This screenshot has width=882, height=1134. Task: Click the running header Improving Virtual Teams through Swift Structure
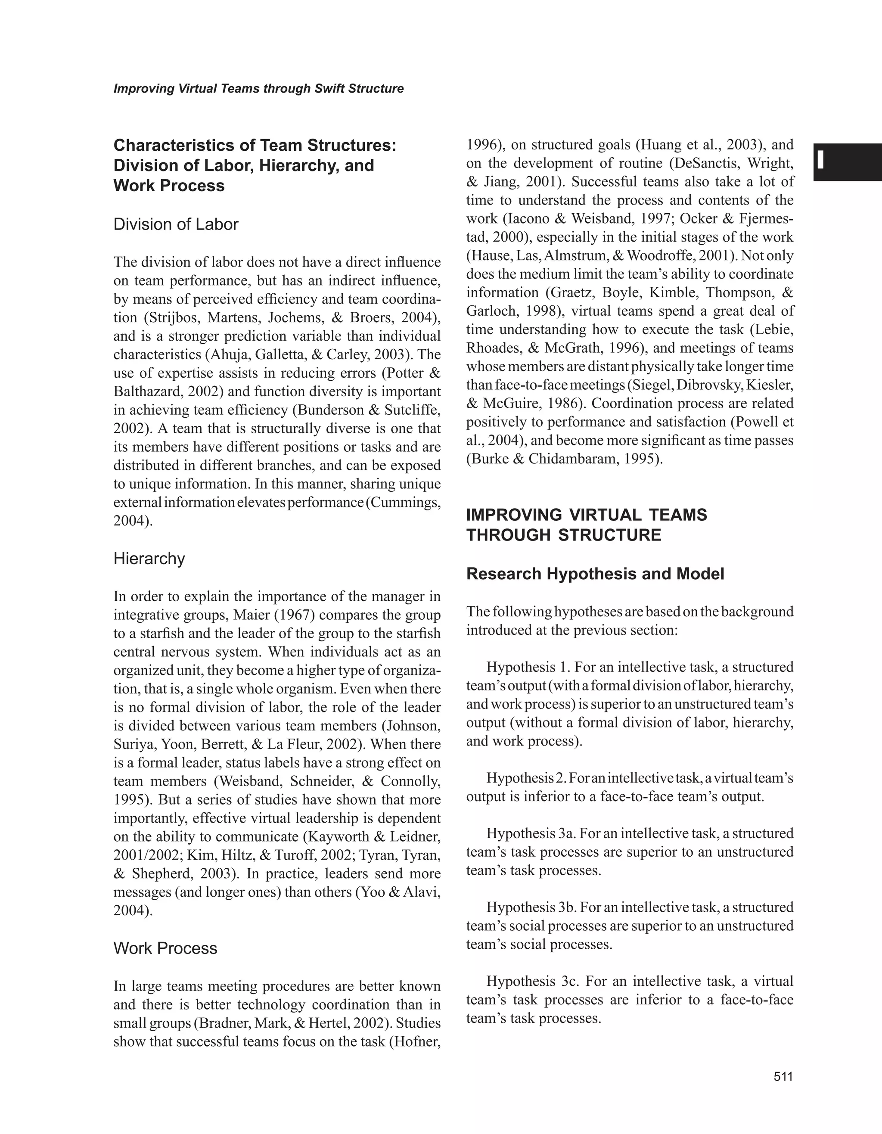[x=258, y=89]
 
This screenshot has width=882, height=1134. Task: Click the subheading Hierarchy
[x=149, y=559]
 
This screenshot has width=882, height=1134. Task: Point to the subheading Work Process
[x=165, y=948]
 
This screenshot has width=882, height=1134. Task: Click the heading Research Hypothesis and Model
[x=595, y=574]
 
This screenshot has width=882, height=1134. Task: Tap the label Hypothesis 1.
[x=528, y=667]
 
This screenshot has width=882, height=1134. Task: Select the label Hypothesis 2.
[x=525, y=778]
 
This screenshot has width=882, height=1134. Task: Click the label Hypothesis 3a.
[x=531, y=833]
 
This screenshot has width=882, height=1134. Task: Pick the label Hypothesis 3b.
[x=531, y=907]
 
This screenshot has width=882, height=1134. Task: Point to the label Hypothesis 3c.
[x=530, y=982]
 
